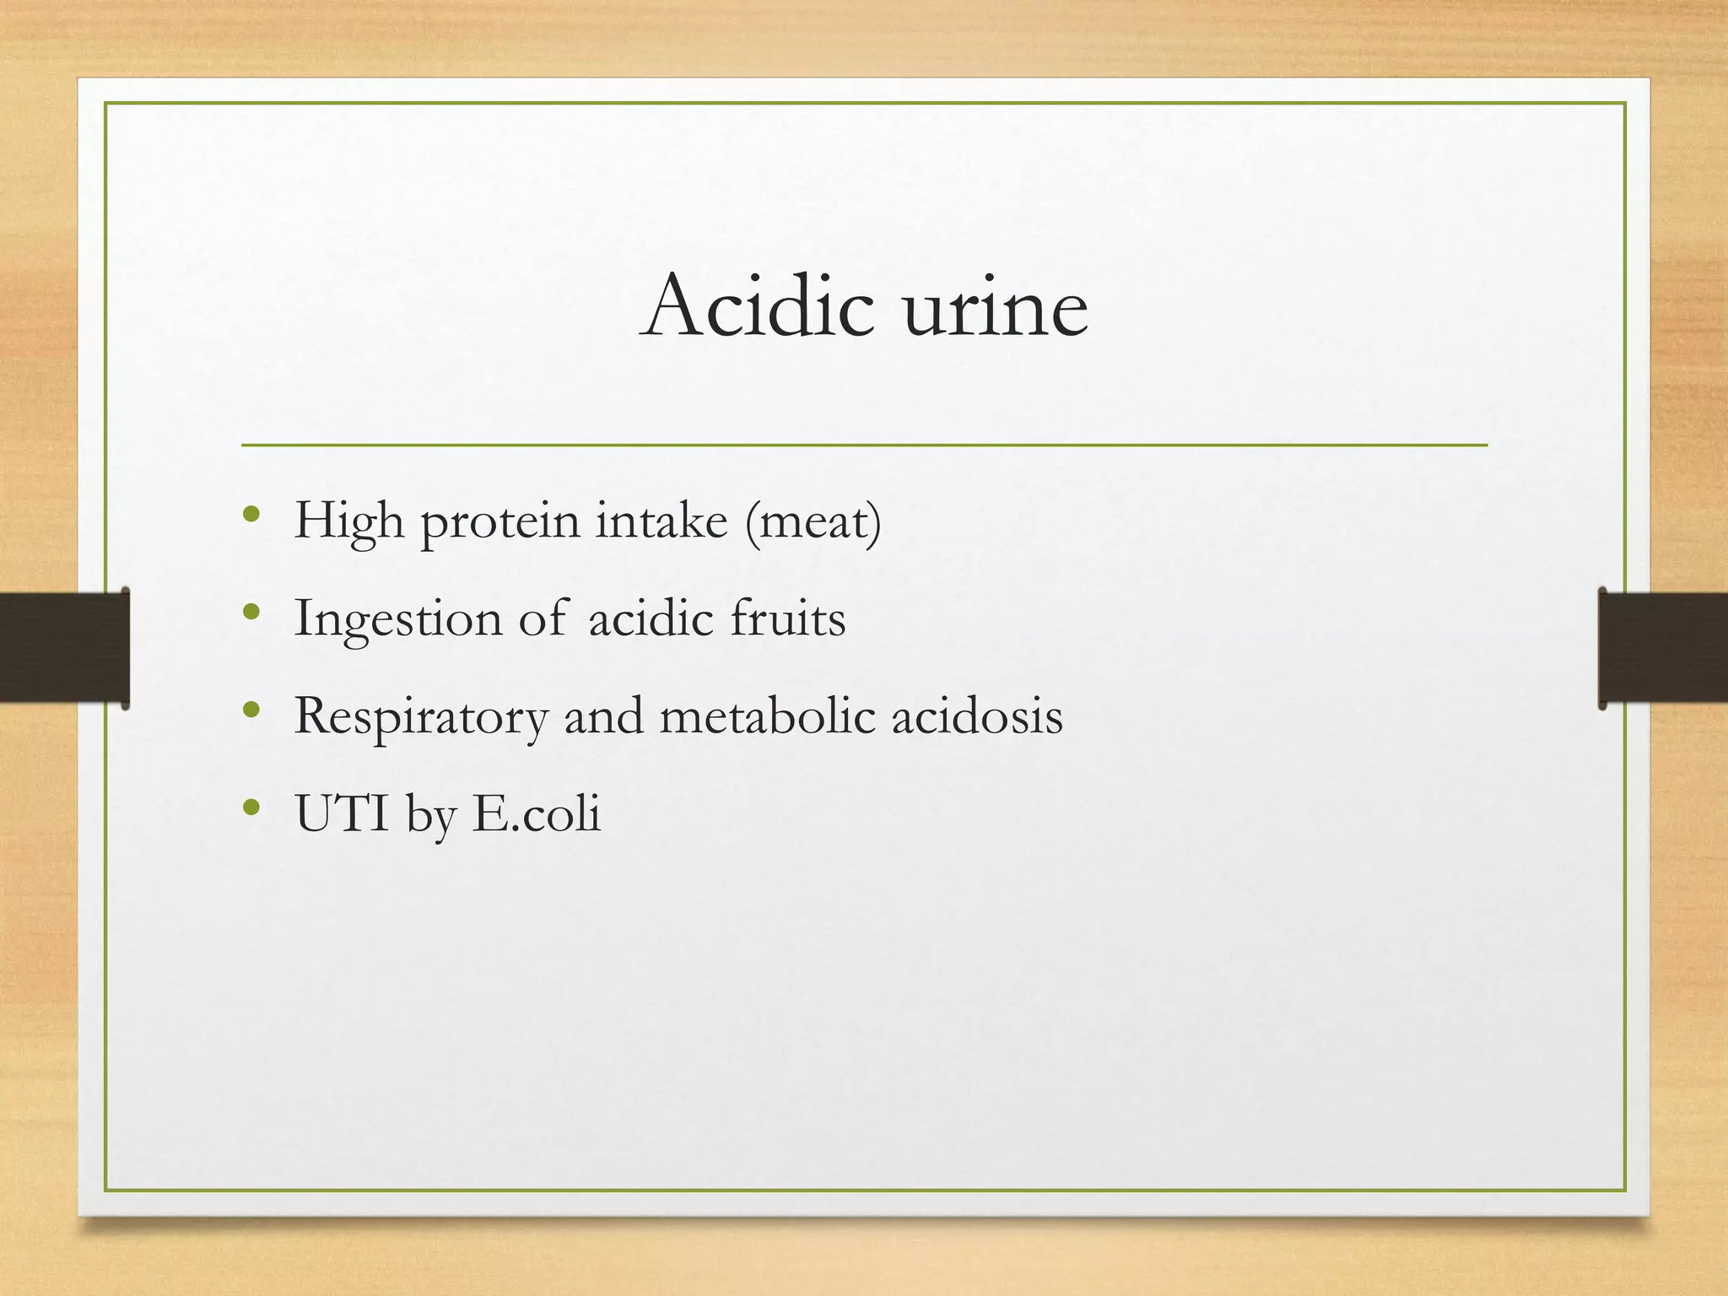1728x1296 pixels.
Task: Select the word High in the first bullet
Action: pyautogui.click(x=348, y=521)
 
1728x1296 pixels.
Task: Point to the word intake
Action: pyautogui.click(x=661, y=521)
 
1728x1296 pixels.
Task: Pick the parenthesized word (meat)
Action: pyautogui.click(x=813, y=521)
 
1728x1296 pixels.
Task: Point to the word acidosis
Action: pyautogui.click(x=977, y=715)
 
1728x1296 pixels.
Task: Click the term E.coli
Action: pyautogui.click(x=536, y=813)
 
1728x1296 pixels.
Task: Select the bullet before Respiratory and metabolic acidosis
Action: pyautogui.click(x=251, y=710)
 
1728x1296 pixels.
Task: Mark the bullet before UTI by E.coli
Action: pyautogui.click(x=251, y=807)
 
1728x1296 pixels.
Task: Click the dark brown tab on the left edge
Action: pyautogui.click(x=64, y=647)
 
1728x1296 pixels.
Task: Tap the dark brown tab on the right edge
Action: pyautogui.click(x=1663, y=647)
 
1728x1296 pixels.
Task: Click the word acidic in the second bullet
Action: pyautogui.click(x=651, y=618)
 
